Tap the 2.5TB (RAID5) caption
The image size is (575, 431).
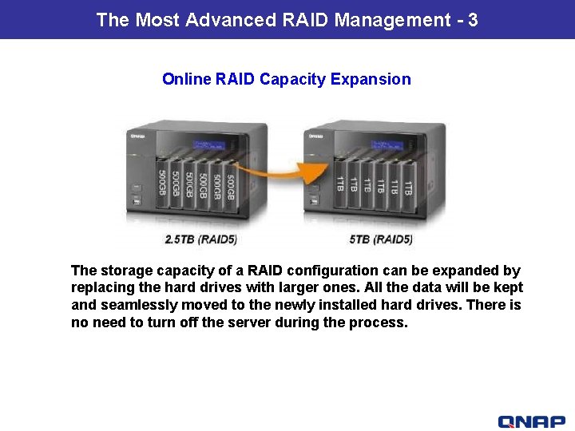[x=200, y=239]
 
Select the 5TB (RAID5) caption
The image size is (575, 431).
[x=381, y=239]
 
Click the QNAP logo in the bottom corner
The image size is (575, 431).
[x=530, y=421]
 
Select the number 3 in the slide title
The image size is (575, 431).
[x=473, y=20]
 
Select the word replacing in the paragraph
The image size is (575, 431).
[x=101, y=287]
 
